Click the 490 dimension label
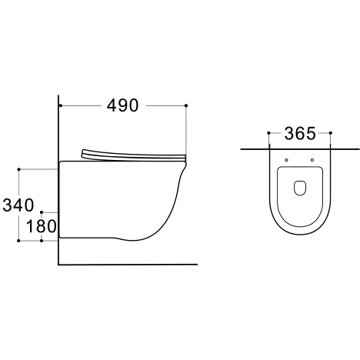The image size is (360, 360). pos(122,105)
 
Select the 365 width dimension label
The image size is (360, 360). pos(300,134)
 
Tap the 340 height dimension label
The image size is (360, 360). pos(18,205)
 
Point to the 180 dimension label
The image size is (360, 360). pos(42,226)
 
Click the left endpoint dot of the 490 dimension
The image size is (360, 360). pos(61,105)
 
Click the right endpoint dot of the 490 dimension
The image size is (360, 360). pos(186,105)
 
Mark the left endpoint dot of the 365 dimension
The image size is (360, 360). pos(268,133)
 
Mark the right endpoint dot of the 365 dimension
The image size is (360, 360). pos(331,133)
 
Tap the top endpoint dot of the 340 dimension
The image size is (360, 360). pos(18,169)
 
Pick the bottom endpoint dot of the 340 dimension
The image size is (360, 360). pos(18,241)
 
